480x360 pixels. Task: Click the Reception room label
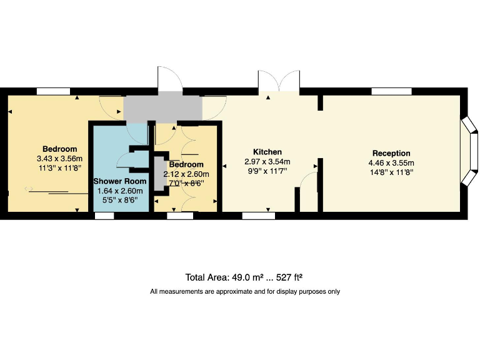tap(391, 153)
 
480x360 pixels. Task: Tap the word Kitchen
tap(267, 152)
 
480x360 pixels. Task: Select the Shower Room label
tap(119, 181)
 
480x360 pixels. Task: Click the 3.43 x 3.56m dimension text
tap(59, 159)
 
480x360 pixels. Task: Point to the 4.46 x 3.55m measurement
tap(391, 162)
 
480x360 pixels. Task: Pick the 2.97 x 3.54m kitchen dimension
tap(267, 161)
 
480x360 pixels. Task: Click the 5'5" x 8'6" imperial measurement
tap(119, 200)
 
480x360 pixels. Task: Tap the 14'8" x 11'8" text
tap(391, 172)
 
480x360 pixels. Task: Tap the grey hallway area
tap(162, 109)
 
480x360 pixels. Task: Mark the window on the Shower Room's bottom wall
tap(104, 216)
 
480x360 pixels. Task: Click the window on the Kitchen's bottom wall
tap(258, 216)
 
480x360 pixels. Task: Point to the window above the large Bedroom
tap(53, 91)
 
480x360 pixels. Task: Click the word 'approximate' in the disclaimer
tap(230, 291)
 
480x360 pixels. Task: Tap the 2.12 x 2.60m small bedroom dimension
tap(186, 174)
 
